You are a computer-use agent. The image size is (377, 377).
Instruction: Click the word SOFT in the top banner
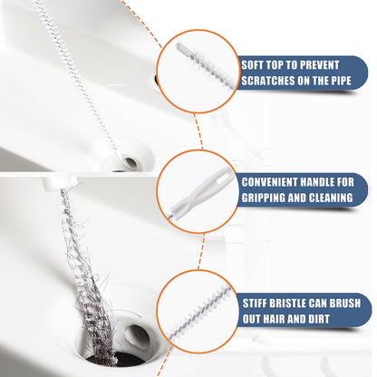[255, 65]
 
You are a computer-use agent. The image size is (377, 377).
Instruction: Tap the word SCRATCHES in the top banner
[275, 81]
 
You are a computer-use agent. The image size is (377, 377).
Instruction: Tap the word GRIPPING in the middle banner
[268, 197]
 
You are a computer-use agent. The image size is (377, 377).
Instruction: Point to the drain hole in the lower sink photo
[139, 334]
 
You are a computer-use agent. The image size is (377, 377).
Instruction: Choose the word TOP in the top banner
[285, 65]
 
